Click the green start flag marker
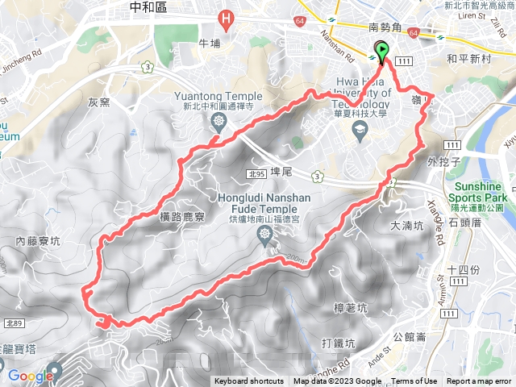tap(381, 52)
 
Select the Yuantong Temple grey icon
tap(218, 121)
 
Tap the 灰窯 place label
tap(98, 102)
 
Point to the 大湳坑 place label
tap(406, 227)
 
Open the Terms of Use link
tap(414, 381)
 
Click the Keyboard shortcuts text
tap(249, 381)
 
